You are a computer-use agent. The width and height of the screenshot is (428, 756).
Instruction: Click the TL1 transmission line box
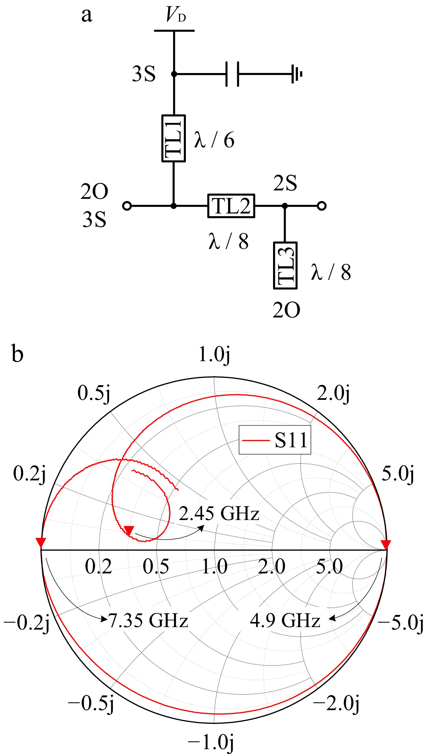[174, 138]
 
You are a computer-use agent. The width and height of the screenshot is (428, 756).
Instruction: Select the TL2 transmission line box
[231, 206]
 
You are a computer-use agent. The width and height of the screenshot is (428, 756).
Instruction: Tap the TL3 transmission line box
[285, 266]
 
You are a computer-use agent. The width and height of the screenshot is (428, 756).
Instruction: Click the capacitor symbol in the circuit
[232, 74]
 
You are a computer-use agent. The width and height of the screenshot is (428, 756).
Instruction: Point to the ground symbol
[297, 74]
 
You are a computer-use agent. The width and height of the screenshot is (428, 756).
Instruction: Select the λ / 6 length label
[214, 140]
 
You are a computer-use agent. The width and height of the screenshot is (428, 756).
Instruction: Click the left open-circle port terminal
[127, 206]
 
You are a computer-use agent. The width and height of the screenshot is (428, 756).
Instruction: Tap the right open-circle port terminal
[321, 206]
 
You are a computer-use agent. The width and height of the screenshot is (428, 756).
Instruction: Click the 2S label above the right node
[285, 183]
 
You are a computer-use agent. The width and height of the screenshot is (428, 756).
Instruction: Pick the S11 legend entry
[275, 440]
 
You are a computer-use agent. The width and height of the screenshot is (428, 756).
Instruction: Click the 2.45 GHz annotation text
[219, 513]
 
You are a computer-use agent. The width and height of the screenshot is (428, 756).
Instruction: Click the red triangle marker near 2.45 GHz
[129, 530]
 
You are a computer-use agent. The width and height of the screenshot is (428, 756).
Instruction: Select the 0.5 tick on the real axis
[156, 567]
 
